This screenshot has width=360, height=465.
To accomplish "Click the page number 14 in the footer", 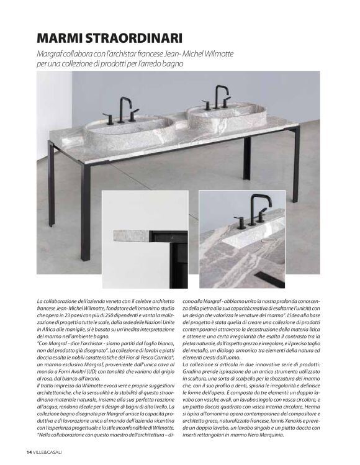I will point(29,452).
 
